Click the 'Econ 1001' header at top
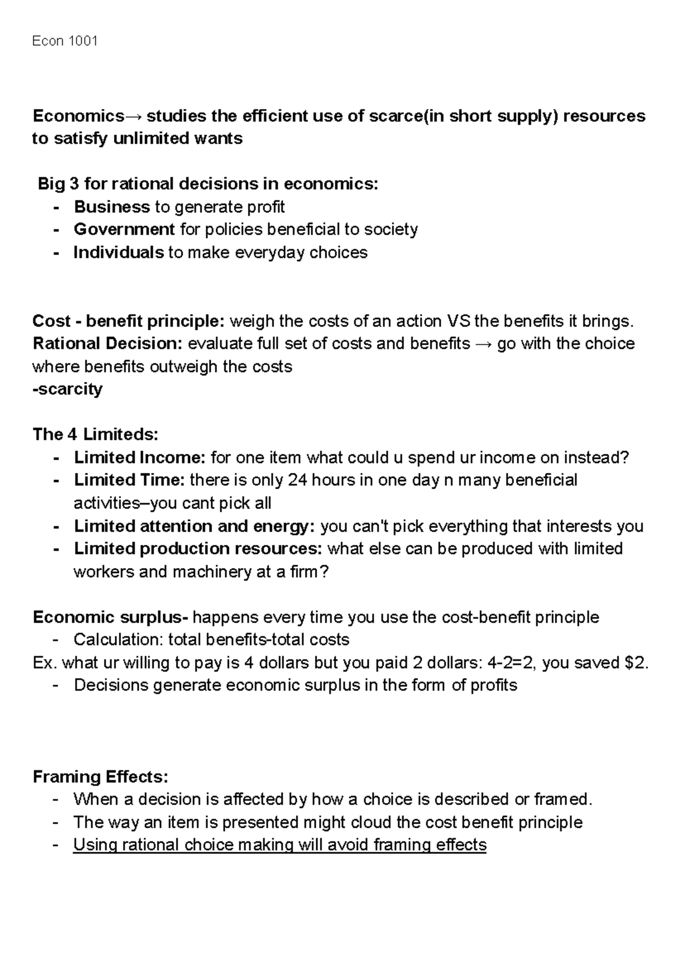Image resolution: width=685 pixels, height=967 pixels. [65, 41]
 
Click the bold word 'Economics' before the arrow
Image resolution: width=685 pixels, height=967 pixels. [78, 116]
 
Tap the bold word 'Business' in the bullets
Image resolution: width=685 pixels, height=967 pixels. [112, 207]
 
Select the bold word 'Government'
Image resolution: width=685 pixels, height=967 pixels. [124, 229]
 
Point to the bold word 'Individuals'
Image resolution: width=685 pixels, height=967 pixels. [119, 252]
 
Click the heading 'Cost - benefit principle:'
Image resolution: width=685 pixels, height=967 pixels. [129, 321]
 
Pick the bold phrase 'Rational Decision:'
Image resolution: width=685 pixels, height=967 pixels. [107, 344]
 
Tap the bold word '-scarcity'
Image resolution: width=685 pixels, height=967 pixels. [67, 389]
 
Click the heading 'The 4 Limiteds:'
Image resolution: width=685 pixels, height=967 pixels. [95, 434]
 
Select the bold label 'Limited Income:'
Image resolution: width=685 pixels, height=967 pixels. [139, 458]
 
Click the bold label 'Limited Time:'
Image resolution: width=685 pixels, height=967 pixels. [130, 480]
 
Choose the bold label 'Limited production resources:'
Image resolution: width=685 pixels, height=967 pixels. [198, 549]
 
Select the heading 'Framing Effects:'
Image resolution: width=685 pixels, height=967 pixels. [101, 777]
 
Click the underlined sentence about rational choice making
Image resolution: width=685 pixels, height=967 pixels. [280, 845]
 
